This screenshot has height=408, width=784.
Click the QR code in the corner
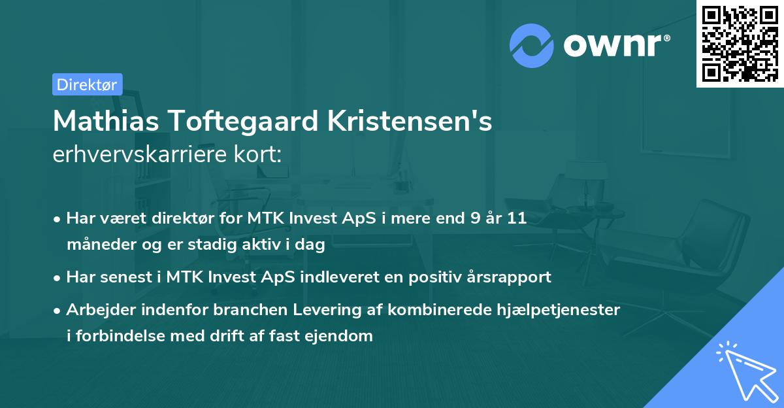click(x=739, y=43)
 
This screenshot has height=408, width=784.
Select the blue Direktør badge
click(x=87, y=84)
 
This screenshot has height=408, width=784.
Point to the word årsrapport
click(x=510, y=277)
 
